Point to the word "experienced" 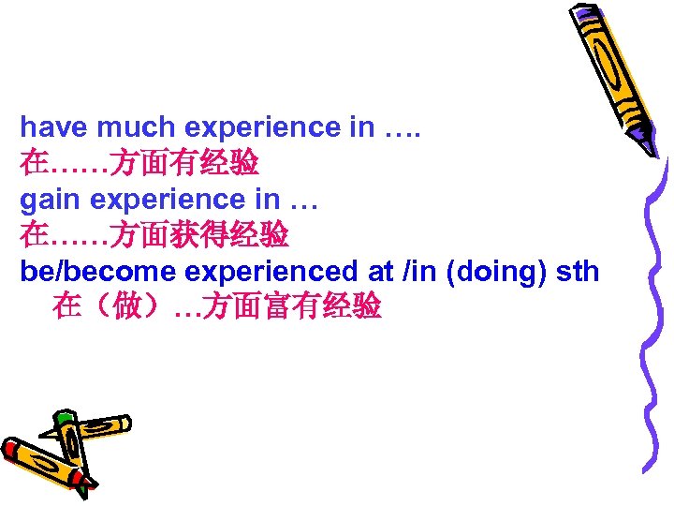pyautogui.click(x=271, y=272)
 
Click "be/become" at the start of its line pyautogui.click(x=99, y=272)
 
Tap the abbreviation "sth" pyautogui.click(x=577, y=272)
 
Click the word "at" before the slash pyautogui.click(x=381, y=272)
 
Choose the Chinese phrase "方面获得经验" pyautogui.click(x=199, y=235)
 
